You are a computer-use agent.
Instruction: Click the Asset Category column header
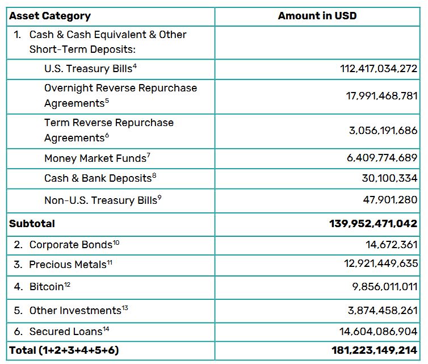[49, 16]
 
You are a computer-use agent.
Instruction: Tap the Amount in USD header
[317, 16]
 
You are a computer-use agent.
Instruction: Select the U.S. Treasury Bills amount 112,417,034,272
[379, 69]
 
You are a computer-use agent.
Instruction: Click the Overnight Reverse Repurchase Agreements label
[120, 95]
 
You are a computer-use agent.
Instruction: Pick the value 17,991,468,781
[381, 96]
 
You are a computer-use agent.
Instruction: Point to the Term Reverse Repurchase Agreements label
[109, 130]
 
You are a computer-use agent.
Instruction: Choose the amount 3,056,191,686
[383, 131]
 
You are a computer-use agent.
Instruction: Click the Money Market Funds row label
[95, 158]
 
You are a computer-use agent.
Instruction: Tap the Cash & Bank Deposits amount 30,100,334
[389, 178]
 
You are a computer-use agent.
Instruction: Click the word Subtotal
[32, 223]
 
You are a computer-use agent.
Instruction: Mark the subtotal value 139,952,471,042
[373, 223]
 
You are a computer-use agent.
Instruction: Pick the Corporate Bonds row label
[71, 245]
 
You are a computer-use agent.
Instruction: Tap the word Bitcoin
[46, 287]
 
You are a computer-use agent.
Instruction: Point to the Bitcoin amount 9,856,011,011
[384, 287]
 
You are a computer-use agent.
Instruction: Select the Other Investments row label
[75, 310]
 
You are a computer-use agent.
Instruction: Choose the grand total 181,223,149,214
[374, 350]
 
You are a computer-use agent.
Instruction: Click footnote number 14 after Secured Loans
[106, 328]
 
